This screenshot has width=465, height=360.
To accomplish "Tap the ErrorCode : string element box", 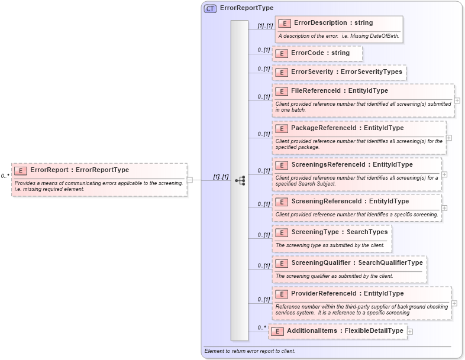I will tap(320, 53).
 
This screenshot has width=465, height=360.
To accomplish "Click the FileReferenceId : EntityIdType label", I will tap(340, 91).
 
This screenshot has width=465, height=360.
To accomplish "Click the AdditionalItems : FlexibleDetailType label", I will tap(345, 331).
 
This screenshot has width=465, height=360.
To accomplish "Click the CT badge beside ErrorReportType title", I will tap(210, 9).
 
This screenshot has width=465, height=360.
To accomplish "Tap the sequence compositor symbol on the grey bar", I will tap(240, 180).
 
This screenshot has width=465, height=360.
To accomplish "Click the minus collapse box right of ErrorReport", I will tap(189, 180).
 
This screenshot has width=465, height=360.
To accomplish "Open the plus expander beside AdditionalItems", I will tap(410, 332).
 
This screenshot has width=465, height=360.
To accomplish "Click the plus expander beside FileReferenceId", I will tap(457, 100).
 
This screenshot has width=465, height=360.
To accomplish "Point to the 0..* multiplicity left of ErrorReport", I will tap(5, 176).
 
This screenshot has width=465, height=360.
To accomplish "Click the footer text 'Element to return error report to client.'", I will tap(249, 351).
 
